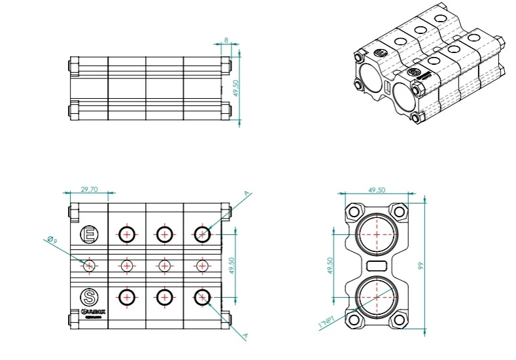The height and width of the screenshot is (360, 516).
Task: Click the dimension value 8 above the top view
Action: [x=226, y=41]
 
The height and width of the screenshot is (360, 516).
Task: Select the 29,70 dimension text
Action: [x=89, y=189]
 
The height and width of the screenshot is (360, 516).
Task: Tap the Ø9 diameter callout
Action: [x=52, y=242]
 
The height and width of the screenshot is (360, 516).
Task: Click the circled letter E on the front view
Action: [x=88, y=234]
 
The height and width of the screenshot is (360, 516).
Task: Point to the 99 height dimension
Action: [x=422, y=266]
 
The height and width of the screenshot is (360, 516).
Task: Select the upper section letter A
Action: [x=246, y=194]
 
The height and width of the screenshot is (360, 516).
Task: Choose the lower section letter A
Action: [x=245, y=336]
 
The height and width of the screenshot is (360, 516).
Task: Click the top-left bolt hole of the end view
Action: [x=354, y=212]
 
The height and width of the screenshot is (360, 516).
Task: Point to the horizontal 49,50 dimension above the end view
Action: [x=376, y=189]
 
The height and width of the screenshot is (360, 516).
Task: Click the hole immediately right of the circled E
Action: [x=126, y=234]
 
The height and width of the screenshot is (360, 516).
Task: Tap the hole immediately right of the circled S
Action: [x=126, y=297]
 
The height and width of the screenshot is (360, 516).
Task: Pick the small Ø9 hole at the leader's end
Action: [x=89, y=265]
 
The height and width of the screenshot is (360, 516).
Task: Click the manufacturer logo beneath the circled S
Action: [x=88, y=312]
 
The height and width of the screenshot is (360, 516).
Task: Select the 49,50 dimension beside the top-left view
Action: [x=237, y=88]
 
